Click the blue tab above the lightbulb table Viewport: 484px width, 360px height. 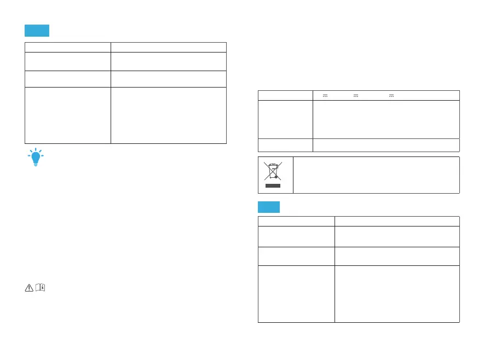pyautogui.click(x=37, y=30)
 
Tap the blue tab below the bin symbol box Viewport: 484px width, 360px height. pyautogui.click(x=269, y=207)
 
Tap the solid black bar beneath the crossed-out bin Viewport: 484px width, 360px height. pyautogui.click(x=273, y=186)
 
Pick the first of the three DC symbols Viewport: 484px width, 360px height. pyautogui.click(x=325, y=96)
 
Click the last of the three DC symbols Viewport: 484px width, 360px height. pyautogui.click(x=391, y=96)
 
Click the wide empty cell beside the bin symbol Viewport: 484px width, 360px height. pyautogui.click(x=376, y=175)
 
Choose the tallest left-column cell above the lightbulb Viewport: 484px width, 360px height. pyautogui.click(x=67, y=115)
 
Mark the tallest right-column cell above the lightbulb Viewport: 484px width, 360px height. pyautogui.click(x=169, y=115)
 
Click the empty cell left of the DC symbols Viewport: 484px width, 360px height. pyautogui.click(x=285, y=95)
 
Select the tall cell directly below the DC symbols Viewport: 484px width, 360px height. pyautogui.click(x=385, y=119)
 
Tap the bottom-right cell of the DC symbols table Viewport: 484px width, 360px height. pyautogui.click(x=385, y=145)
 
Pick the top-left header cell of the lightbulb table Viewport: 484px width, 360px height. pyautogui.click(x=67, y=47)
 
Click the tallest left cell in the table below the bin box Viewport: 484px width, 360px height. pyautogui.click(x=296, y=294)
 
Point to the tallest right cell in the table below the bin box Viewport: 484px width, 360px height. pyautogui.click(x=397, y=294)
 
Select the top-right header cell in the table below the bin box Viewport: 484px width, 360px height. pyautogui.click(x=397, y=220)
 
